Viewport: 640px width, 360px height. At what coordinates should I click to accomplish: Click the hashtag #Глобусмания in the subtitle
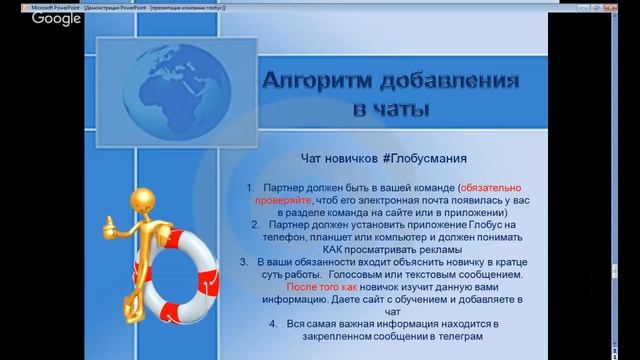pos(423,158)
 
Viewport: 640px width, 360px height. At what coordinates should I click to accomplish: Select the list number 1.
pos(249,187)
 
